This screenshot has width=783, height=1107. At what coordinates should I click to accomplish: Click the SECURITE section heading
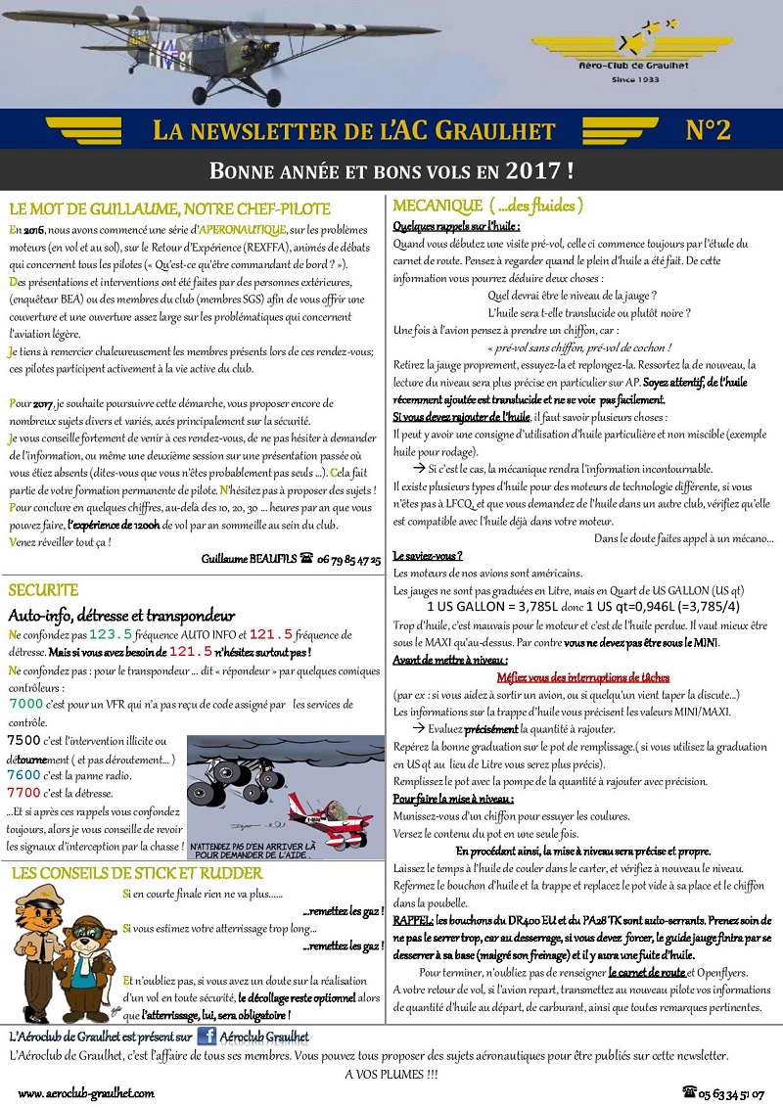coord(43,590)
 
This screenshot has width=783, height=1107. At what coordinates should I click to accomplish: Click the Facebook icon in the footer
coord(207,1037)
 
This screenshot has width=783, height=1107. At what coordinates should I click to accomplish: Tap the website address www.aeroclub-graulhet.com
coord(85,1092)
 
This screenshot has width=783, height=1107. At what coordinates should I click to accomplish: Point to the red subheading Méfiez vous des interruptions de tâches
coord(582,677)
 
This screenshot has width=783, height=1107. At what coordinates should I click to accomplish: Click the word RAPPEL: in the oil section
coord(413,921)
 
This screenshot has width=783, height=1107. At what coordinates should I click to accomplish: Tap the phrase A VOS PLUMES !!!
coord(391,1074)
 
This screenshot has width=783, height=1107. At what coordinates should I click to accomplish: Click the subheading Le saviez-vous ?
coord(428,555)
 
